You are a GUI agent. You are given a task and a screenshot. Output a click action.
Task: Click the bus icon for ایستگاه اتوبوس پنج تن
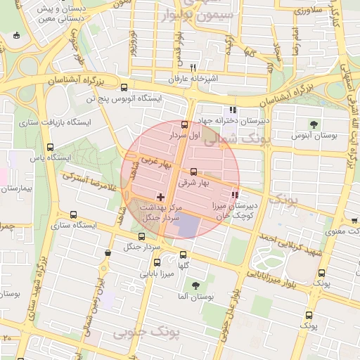(x=124, y=89)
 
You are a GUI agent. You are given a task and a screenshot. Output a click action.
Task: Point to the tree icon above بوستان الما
(x=196, y=285)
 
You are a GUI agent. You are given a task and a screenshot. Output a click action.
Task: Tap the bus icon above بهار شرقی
(x=194, y=172)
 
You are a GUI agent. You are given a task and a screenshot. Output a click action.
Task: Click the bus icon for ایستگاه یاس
(x=49, y=147)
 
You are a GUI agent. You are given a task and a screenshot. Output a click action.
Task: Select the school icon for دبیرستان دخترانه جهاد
(x=233, y=110)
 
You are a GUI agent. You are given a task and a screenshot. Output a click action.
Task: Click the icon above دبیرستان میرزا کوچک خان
(x=235, y=194)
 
